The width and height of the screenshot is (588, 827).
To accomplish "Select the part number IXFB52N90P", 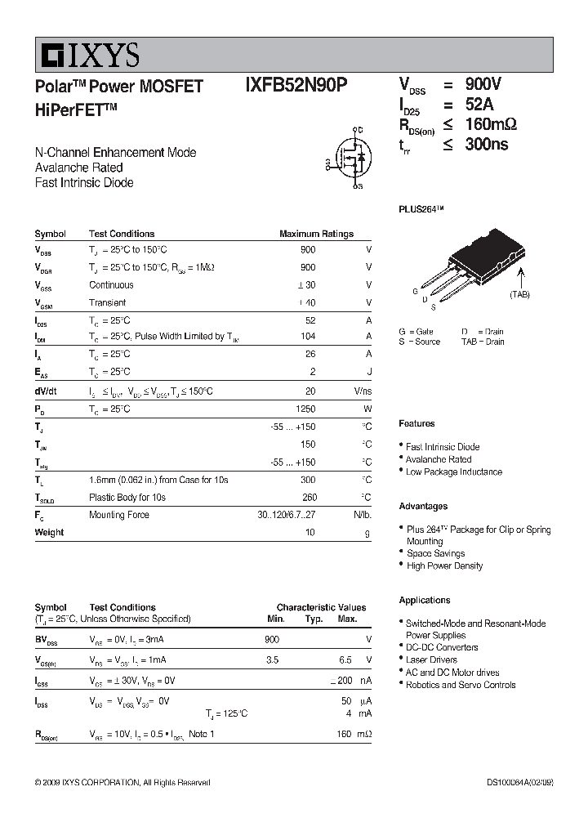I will click(x=296, y=86).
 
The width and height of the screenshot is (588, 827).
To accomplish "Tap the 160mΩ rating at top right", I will click(x=491, y=124).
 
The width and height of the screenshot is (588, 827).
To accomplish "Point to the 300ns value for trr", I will click(x=487, y=145).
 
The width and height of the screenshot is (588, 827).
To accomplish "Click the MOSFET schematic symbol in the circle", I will click(x=348, y=157).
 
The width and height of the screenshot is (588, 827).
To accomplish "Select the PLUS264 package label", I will click(x=421, y=209).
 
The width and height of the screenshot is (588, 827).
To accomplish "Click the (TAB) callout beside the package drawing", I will click(x=519, y=294).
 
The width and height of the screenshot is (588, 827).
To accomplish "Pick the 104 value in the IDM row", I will click(x=307, y=337).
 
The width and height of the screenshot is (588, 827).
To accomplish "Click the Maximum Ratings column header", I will click(x=316, y=234).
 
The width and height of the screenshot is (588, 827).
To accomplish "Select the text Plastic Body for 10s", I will click(x=127, y=497).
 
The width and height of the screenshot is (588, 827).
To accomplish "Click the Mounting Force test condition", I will click(x=118, y=515).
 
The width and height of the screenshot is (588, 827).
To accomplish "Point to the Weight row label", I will click(x=49, y=532).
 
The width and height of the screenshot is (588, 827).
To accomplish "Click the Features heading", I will click(x=416, y=423).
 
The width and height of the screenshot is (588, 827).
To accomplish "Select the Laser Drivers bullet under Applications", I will click(x=431, y=659).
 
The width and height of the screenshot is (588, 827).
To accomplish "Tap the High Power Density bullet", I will click(x=444, y=565).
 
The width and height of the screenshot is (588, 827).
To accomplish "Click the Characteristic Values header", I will click(x=321, y=607).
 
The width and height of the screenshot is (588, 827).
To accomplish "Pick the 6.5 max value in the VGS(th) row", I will click(x=345, y=659).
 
